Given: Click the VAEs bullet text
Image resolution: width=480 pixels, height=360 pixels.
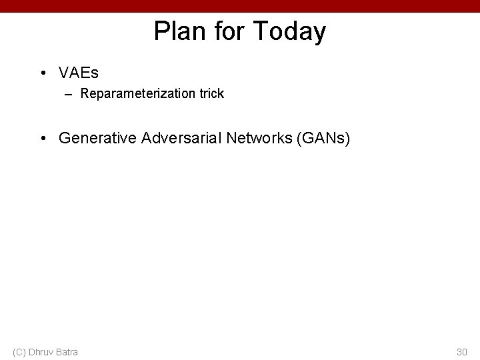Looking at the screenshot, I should click(79, 71).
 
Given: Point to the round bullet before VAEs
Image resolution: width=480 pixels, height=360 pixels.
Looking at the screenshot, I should click(43, 72).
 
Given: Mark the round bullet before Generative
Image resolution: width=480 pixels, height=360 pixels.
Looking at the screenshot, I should click(43, 139).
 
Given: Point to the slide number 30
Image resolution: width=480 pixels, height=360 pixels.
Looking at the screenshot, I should click(461, 351).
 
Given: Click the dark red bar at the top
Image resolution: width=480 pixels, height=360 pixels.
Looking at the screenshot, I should click(240, 6).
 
